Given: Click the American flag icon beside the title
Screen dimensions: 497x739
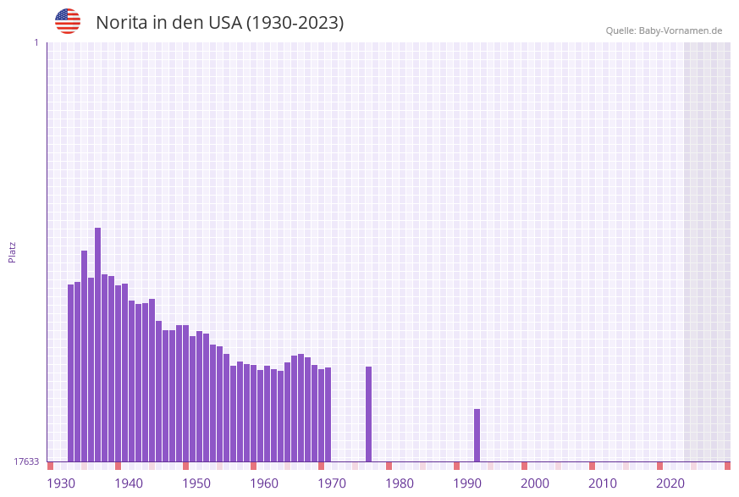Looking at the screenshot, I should point(68,21).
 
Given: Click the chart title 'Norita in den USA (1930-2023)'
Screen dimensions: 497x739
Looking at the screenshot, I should point(220,23).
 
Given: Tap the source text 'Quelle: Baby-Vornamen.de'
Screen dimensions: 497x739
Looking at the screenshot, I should point(664,30).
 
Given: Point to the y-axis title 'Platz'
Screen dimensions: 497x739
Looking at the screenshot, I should point(13,251).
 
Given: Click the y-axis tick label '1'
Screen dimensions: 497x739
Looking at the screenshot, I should point(36,42).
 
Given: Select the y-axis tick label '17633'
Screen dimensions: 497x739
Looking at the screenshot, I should point(26,461).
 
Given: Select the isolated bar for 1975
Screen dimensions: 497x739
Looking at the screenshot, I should point(369,414).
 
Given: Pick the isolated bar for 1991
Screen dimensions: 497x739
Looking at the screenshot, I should point(477,435).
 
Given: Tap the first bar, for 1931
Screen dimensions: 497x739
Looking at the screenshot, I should point(71,373).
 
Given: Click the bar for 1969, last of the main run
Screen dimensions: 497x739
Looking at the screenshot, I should point(328,414).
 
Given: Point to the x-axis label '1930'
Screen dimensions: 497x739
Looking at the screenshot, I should point(61,483).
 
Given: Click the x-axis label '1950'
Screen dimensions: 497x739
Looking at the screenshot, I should point(196,483).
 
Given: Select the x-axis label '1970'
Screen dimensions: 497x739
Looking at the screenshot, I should point(332,483).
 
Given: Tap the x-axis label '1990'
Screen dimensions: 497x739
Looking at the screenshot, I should point(467,483).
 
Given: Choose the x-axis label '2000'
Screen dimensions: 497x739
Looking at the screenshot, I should point(535,483).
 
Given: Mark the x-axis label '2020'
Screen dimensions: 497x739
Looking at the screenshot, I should point(670,483).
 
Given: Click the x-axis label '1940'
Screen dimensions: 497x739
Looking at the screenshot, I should point(129,483).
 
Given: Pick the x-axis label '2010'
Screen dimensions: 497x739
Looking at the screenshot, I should point(603,483).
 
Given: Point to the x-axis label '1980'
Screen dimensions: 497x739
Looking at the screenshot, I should point(400,483).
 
